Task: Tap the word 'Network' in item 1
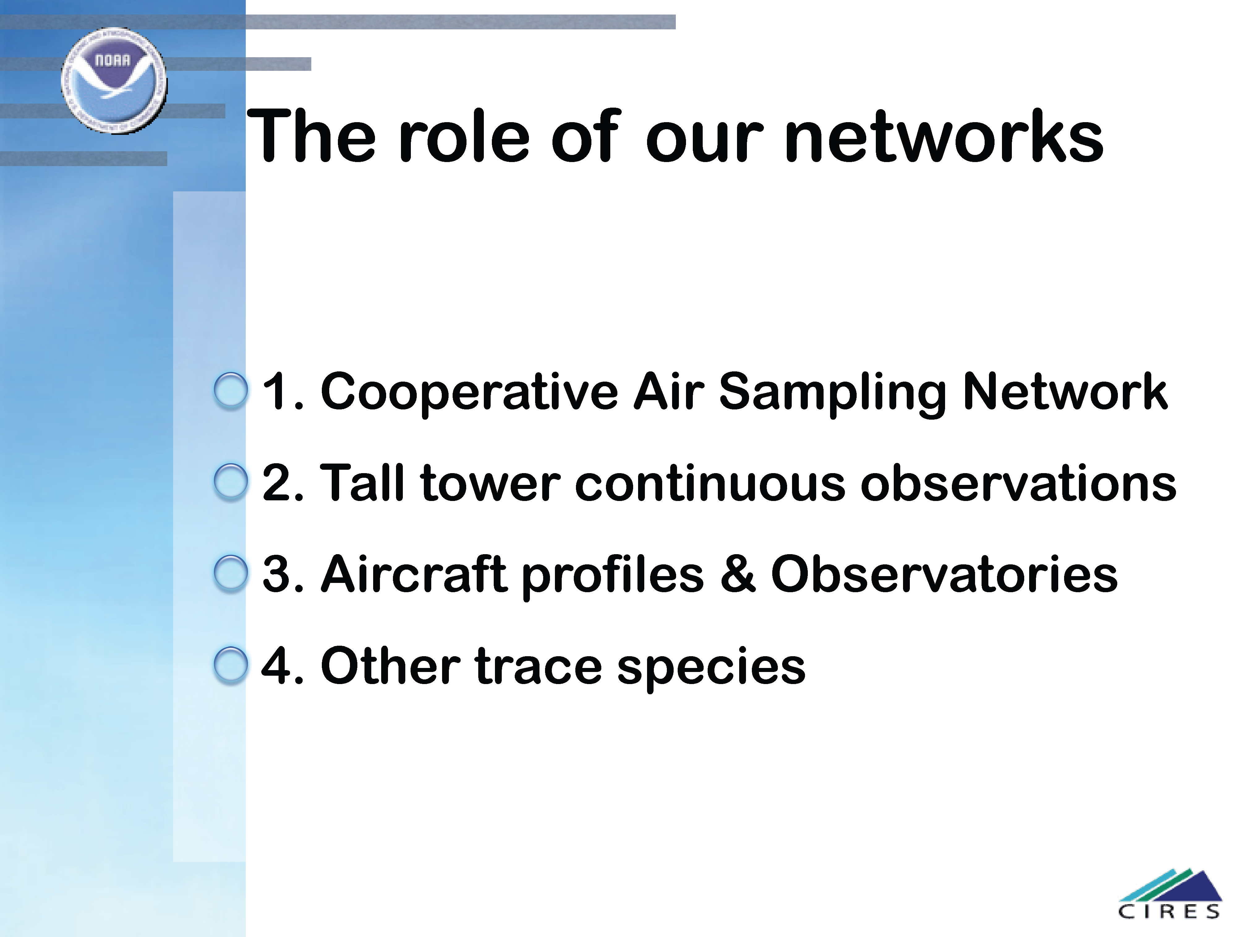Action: (1064, 391)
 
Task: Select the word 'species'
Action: (711, 667)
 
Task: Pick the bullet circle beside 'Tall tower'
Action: (230, 482)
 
